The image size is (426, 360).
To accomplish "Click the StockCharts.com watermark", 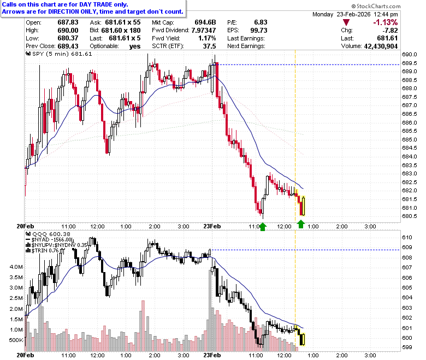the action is click(x=376, y=6).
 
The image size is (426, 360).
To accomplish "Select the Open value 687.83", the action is click(x=68, y=22).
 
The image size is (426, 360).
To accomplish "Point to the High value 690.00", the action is click(x=68, y=30).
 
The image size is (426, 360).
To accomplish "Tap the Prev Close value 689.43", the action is click(x=68, y=46).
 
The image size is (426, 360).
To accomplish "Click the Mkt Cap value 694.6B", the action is click(x=205, y=22).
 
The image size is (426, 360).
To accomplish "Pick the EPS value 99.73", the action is click(x=259, y=30).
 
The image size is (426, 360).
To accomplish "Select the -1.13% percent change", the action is click(x=385, y=22).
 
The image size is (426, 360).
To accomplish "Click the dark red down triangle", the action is click(x=346, y=22).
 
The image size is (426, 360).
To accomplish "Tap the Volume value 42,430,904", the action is click(x=381, y=46).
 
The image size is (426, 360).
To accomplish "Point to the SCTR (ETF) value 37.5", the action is click(x=210, y=46).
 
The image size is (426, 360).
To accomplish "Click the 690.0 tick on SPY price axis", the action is click(x=410, y=54).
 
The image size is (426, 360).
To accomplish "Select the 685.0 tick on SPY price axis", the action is click(x=410, y=140).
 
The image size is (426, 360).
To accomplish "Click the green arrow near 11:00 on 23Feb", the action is click(x=263, y=227).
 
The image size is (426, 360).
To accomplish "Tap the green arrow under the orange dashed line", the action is click(x=301, y=224).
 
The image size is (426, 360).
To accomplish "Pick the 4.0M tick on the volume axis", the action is click(x=16, y=267).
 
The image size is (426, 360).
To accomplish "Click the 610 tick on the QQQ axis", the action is click(x=407, y=237).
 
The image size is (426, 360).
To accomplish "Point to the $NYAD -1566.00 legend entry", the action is click(x=50, y=240).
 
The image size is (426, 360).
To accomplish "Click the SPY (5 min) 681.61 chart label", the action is click(x=58, y=54).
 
